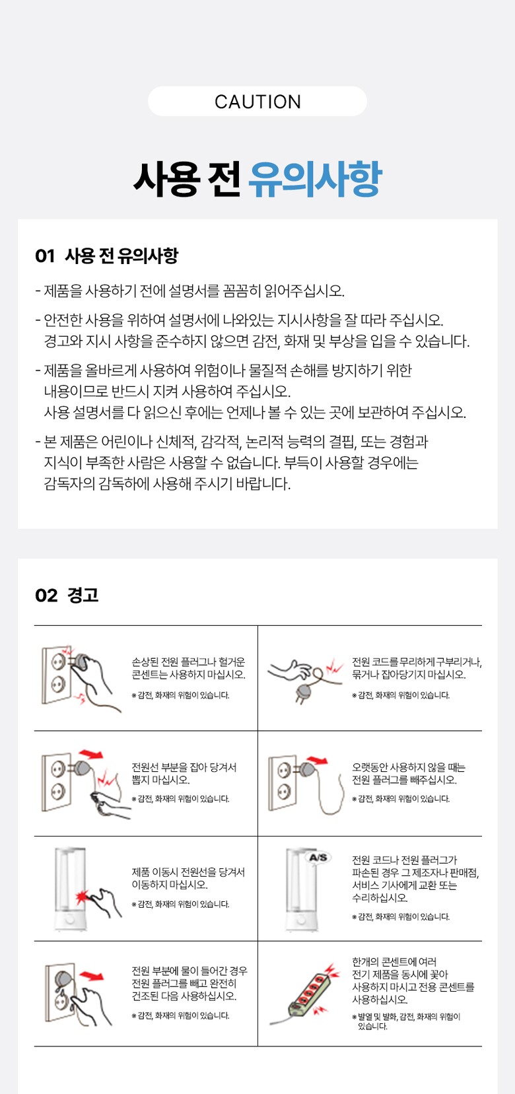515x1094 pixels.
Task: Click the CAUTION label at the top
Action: [257, 102]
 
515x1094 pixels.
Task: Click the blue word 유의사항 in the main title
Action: [315, 178]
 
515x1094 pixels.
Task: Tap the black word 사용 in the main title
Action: [166, 178]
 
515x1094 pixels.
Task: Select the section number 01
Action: [44, 256]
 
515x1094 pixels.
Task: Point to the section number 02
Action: [46, 596]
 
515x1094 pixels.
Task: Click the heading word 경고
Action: [83, 595]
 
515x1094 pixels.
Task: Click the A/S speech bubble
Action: [319, 858]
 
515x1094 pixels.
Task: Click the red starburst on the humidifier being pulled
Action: [82, 897]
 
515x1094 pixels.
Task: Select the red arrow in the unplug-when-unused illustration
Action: [317, 760]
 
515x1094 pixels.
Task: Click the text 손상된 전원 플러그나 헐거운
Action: [188, 662]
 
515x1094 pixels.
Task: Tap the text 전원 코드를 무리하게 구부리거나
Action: [417, 662]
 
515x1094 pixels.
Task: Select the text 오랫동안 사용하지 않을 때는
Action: [409, 767]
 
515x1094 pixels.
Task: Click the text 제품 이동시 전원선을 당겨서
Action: [188, 872]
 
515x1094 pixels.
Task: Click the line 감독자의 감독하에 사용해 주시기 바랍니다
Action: [167, 483]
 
